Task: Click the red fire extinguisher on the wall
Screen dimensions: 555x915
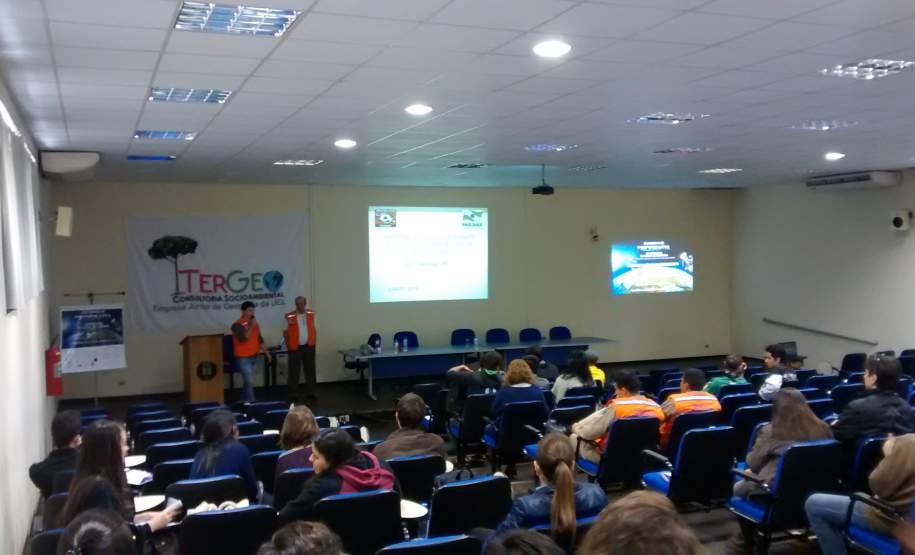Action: [53, 370]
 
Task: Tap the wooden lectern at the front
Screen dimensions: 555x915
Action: [203, 367]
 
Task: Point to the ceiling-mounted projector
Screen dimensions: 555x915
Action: [542, 188]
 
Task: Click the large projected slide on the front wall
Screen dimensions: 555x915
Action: [427, 254]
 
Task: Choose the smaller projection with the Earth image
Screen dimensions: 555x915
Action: [652, 267]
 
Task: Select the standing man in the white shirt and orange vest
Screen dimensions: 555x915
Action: [300, 340]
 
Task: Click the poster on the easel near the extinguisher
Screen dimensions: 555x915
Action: [92, 338]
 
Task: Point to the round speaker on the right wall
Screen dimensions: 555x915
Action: [900, 221]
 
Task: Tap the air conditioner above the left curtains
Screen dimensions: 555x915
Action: [69, 163]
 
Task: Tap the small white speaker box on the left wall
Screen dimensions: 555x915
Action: [64, 221]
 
